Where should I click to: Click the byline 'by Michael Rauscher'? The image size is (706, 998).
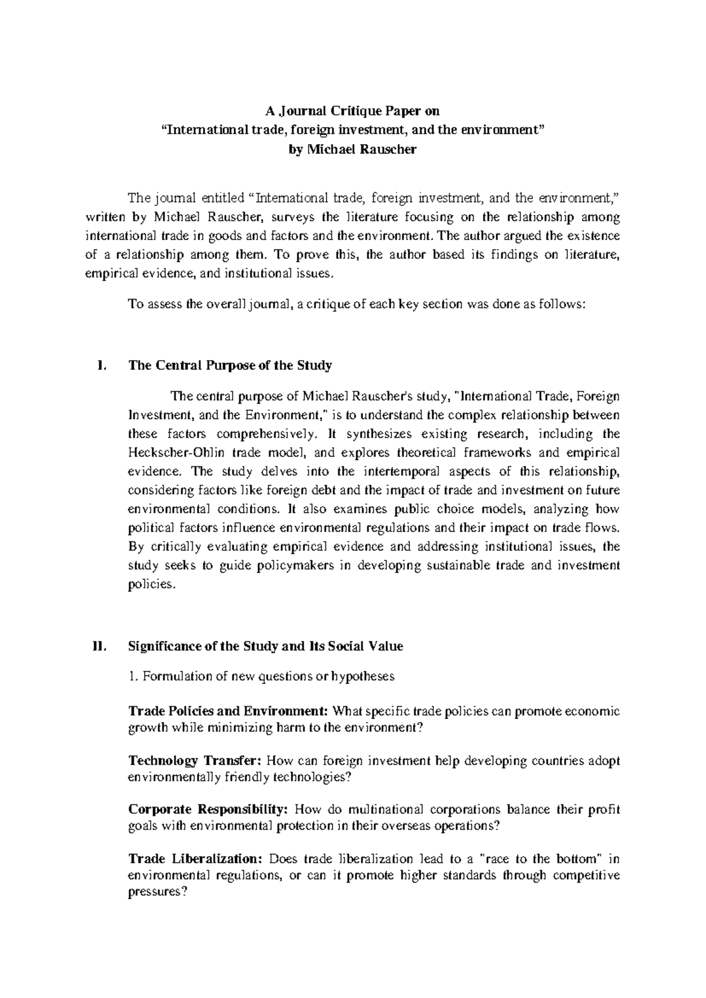tap(353, 149)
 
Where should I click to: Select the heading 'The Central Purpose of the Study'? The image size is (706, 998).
tap(230, 365)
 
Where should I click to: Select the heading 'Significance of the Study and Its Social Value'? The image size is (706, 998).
tap(265, 646)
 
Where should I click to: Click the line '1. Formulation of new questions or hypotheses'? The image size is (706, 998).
tap(261, 676)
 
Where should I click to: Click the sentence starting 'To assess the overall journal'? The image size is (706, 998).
tap(357, 304)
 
